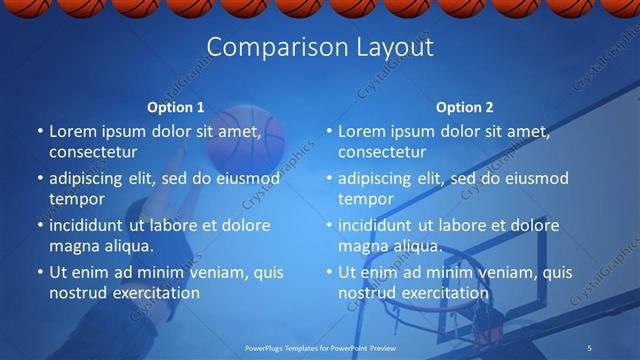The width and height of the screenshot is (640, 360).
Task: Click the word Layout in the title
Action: (394, 48)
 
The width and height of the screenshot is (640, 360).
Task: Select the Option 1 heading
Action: (176, 107)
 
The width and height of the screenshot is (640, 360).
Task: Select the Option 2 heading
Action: (465, 107)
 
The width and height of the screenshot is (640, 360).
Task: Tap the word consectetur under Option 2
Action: (382, 153)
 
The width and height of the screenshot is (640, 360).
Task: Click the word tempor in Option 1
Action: (77, 200)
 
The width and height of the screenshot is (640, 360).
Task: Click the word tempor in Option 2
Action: (366, 200)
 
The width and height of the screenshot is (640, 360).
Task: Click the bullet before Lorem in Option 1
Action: (39, 131)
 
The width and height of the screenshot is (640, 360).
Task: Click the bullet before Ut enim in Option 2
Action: (328, 272)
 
